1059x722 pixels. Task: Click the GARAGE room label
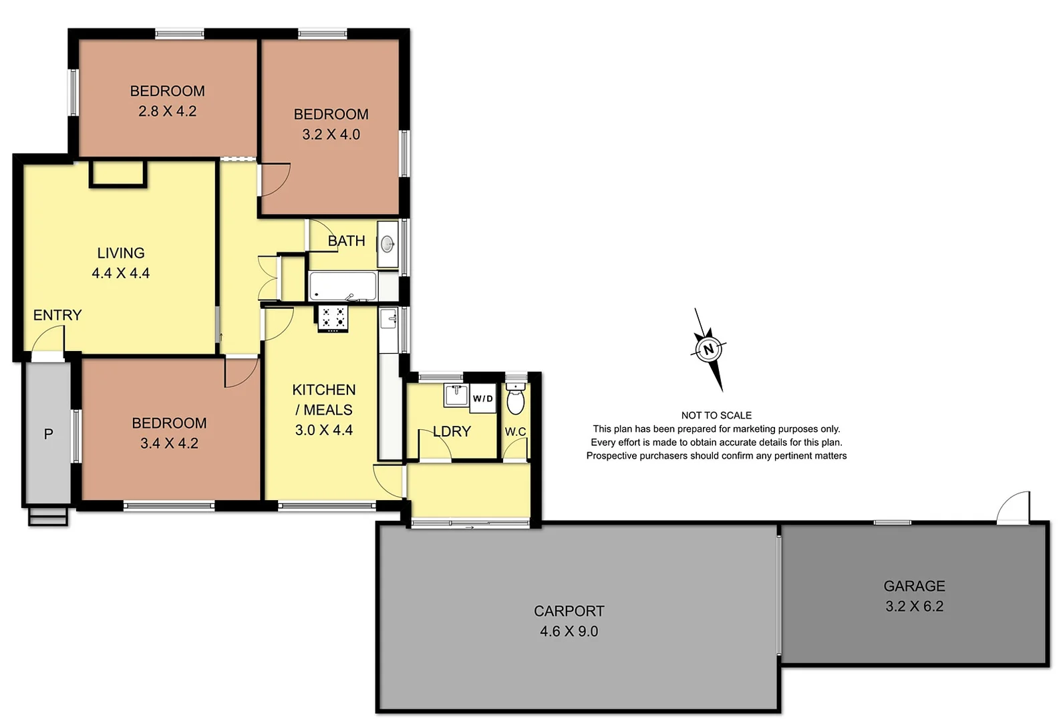pos(914,586)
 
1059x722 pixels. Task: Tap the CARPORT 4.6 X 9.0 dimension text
pos(569,631)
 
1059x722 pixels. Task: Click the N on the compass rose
pos(709,349)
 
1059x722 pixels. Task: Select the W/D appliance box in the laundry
pos(482,398)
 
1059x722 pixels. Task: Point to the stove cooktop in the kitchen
pos(333,318)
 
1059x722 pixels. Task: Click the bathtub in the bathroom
pos(343,286)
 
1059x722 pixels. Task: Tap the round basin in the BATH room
pos(388,245)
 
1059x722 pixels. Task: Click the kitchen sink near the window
pos(388,319)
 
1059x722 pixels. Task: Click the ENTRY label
pos(57,315)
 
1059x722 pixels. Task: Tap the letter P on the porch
pos(48,435)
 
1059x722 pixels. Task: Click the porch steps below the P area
pos(48,517)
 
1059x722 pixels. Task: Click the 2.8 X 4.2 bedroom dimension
pos(167,111)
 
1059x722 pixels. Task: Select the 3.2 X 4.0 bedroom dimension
pos(331,134)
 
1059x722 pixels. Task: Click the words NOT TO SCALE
pos(716,415)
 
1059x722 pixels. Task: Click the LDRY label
pos(452,431)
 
